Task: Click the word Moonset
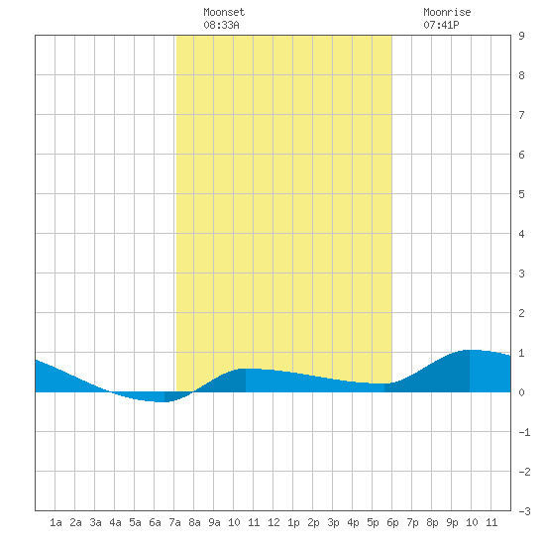[224, 12]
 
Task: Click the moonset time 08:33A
[221, 25]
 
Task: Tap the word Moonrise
[447, 12]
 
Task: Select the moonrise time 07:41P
[441, 25]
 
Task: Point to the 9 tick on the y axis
[521, 36]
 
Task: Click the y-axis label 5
[521, 194]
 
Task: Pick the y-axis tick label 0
[521, 392]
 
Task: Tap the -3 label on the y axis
[524, 511]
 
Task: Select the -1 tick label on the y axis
[524, 432]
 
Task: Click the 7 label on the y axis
[521, 115]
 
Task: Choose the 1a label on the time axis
[55, 522]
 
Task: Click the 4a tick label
[115, 522]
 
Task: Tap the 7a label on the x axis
[174, 522]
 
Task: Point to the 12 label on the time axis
[273, 522]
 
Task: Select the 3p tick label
[333, 522]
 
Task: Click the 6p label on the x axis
[392, 522]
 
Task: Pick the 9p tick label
[452, 522]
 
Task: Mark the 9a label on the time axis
[214, 522]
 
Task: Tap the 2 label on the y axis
[521, 313]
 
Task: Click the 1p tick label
[293, 522]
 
